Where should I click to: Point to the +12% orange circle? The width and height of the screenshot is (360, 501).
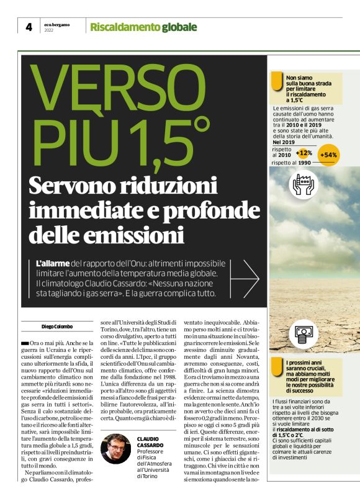[x=304, y=153]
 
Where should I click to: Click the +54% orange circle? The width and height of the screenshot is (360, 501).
[x=328, y=155]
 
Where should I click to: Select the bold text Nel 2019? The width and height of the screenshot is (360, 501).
[x=285, y=142]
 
